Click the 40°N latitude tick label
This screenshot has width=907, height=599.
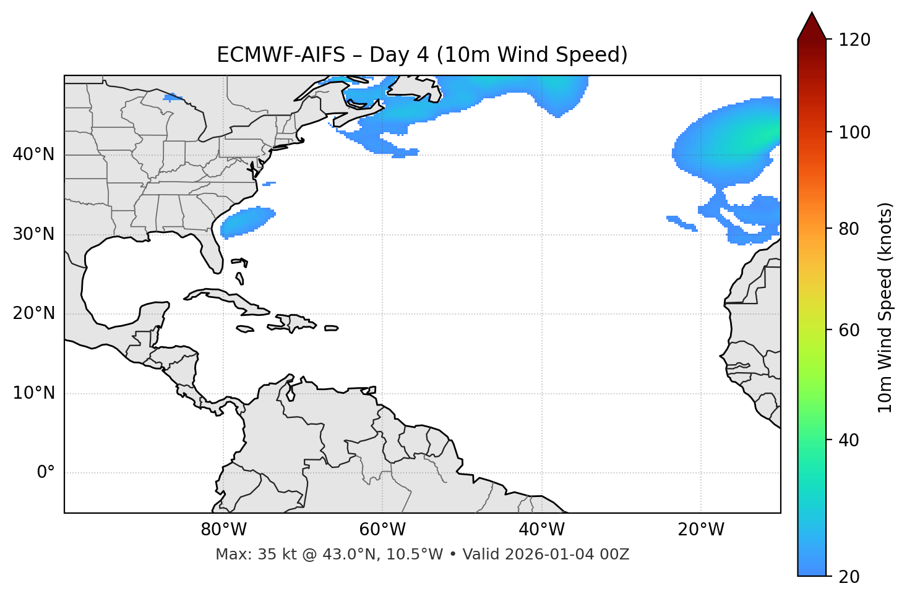[33, 155]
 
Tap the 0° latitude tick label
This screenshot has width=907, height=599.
[45, 473]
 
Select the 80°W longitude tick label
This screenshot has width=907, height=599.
[223, 530]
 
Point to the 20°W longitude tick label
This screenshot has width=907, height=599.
[700, 530]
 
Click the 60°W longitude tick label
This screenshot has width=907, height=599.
[382, 530]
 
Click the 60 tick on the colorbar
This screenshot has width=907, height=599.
[852, 330]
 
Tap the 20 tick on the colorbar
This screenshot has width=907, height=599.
[852, 577]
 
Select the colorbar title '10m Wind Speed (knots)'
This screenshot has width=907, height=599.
[885, 307]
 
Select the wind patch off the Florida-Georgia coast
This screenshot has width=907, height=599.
[247, 222]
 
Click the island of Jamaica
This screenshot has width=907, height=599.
[245, 329]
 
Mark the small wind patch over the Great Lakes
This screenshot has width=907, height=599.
[173, 97]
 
